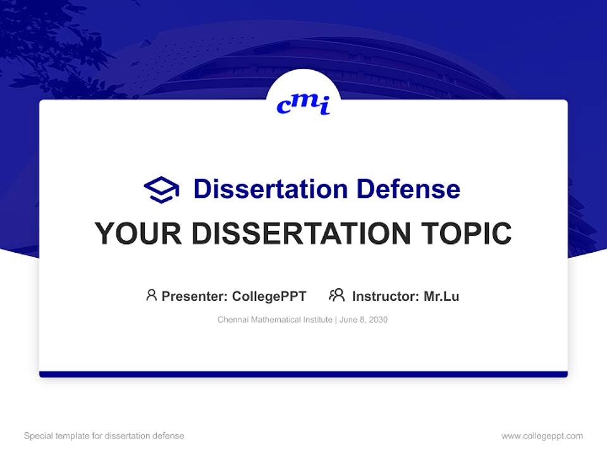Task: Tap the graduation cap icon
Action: coord(161,189)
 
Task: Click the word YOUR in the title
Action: coord(138,234)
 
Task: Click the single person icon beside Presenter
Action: coord(151,295)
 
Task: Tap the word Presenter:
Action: coord(194,296)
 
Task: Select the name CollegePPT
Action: coord(269,296)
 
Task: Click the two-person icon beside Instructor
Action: coord(336,295)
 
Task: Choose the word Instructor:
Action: coord(386,296)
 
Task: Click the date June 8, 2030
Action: coord(364,320)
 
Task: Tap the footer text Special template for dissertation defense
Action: coord(104,436)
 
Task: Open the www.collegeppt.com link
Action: coord(542,436)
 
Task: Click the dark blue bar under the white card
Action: coord(303,374)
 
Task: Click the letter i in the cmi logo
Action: coord(324,107)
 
